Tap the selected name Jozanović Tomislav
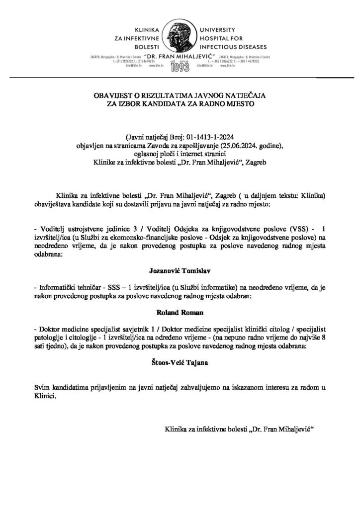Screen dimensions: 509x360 coord(180,271)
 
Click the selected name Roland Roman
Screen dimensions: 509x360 coord(180,314)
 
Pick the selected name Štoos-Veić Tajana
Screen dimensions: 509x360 coord(180,364)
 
